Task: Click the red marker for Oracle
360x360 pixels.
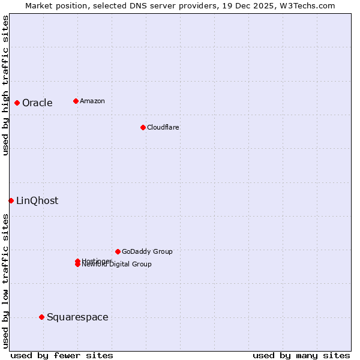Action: [x=17, y=103]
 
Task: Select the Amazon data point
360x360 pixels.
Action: [x=76, y=101]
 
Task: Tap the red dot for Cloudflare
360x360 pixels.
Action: [x=143, y=127]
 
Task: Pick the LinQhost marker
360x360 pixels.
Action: [x=11, y=200]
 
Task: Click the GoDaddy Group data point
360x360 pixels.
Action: [x=118, y=251]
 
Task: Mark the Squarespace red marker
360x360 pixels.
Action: [x=41, y=317]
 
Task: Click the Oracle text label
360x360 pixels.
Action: [x=37, y=103]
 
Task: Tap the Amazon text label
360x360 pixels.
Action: [x=92, y=101]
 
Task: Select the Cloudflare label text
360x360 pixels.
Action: [x=163, y=127]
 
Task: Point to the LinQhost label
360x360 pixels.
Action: [x=37, y=200]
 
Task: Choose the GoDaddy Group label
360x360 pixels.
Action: [x=146, y=251]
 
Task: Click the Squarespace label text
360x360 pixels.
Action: [x=77, y=317]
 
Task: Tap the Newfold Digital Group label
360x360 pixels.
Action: [x=116, y=265]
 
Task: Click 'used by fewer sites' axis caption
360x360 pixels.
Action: [x=61, y=355]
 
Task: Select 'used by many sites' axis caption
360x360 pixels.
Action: [x=301, y=355]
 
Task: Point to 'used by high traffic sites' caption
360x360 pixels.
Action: [x=5, y=85]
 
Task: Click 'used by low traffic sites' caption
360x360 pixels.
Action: [x=5, y=281]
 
